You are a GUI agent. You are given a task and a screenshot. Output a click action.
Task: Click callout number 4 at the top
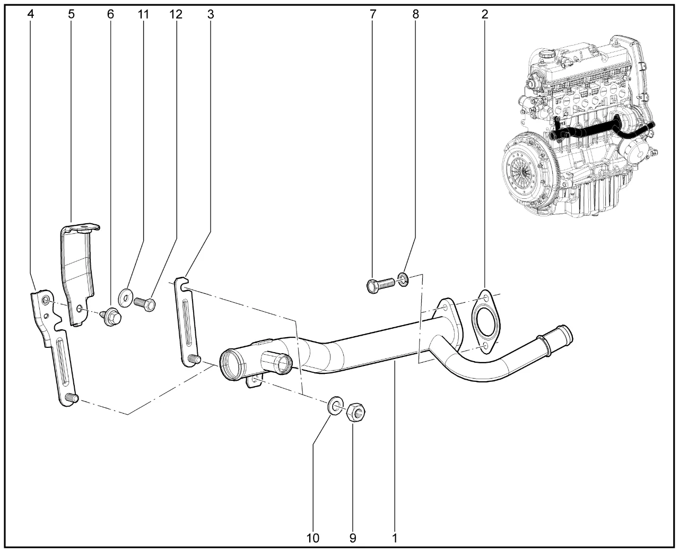(31, 14)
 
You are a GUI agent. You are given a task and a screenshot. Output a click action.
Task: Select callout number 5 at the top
(71, 14)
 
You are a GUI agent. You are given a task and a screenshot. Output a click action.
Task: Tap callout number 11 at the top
(143, 14)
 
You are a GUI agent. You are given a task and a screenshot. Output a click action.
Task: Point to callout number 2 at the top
(484, 14)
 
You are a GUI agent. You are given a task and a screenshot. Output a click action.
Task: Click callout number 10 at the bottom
(313, 538)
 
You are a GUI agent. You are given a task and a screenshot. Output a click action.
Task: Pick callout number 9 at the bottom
(353, 538)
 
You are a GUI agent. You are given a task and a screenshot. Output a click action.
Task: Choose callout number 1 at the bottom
(395, 538)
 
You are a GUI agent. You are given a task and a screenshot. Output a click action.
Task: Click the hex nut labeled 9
(355, 411)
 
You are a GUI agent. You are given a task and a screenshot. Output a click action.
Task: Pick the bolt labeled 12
(145, 304)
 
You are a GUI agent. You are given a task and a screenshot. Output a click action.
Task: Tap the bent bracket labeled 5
(77, 270)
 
